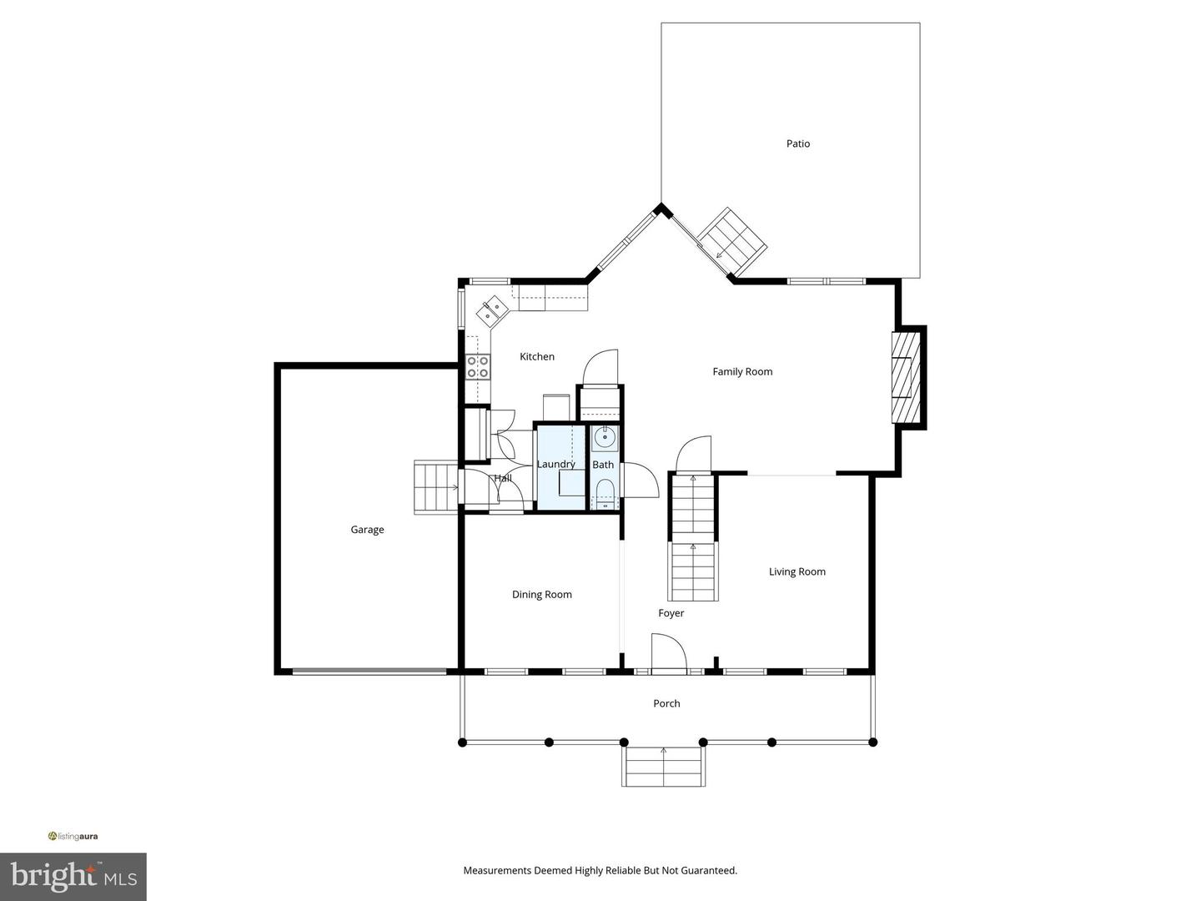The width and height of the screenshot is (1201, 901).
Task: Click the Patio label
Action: pos(797,143)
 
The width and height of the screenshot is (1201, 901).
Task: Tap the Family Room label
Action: pos(742,372)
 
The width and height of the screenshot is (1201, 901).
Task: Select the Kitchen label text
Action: pos(537,356)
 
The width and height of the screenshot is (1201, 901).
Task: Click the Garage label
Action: pos(367,530)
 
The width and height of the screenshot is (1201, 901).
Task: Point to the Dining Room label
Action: pos(541,595)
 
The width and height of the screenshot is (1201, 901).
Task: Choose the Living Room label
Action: pos(796,571)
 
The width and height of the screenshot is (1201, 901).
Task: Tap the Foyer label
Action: pos(671,613)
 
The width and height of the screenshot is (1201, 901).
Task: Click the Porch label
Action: pos(666,703)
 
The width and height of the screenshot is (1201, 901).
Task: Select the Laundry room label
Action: pos(555,464)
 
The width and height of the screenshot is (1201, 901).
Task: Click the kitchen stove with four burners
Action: pos(478,367)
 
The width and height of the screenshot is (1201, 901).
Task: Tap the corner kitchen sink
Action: pos(492,310)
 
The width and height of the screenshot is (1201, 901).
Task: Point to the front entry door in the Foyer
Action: pos(668,653)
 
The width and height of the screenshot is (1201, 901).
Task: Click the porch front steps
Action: pos(664,766)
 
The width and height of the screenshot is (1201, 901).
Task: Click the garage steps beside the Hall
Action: pos(436,486)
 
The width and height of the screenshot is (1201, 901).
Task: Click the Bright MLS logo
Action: pos(73,876)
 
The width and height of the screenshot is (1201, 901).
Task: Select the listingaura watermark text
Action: pos(73,836)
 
